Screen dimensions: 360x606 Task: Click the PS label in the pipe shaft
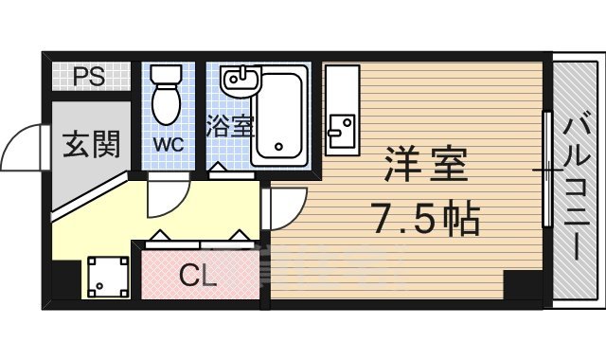click(92, 76)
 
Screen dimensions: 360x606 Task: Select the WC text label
click(169, 146)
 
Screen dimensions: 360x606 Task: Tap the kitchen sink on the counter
click(340, 124)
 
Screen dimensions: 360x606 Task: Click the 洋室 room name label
click(426, 166)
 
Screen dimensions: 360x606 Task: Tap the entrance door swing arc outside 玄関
click(24, 147)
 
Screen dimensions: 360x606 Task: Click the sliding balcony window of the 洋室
click(546, 171)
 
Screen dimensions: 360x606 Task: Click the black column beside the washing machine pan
click(65, 279)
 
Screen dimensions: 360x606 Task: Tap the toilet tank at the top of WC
click(168, 74)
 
